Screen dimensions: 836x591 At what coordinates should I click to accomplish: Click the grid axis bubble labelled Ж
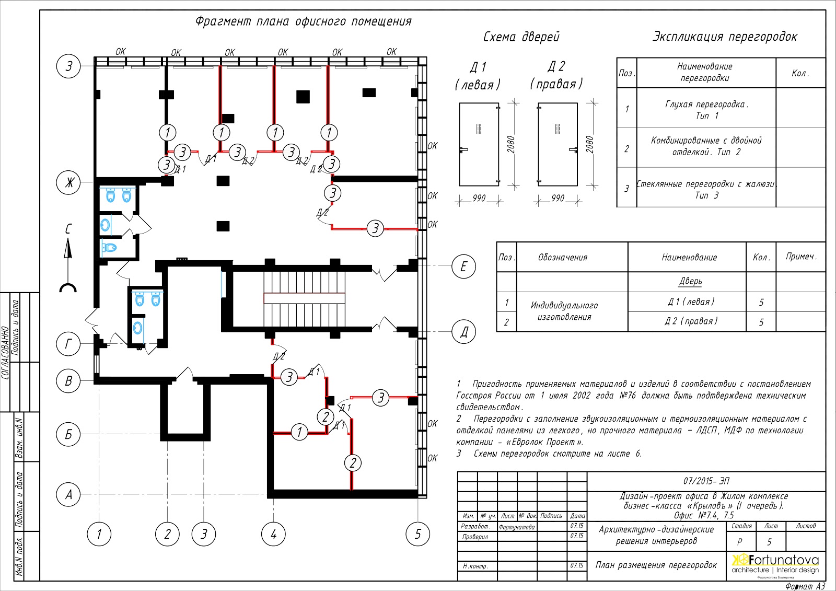click(x=68, y=182)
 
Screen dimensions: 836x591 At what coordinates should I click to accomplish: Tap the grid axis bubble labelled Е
click(x=463, y=266)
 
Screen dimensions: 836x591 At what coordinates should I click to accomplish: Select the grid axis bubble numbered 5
click(x=417, y=534)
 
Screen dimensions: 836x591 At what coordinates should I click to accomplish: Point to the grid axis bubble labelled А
click(x=68, y=494)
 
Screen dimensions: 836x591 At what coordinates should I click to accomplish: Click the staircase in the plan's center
click(x=304, y=298)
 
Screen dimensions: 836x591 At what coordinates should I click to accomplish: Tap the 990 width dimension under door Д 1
click(x=479, y=198)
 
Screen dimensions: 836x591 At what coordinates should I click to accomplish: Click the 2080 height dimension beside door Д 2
click(x=589, y=144)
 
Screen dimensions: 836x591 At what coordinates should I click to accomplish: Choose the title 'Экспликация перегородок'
click(x=725, y=37)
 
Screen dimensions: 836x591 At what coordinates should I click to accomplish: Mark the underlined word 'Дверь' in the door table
click(x=690, y=282)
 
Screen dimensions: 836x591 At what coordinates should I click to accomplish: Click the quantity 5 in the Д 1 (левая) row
click(x=761, y=302)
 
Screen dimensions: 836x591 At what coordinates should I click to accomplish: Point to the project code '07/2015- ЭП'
click(x=706, y=481)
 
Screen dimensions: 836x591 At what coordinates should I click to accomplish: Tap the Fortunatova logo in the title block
click(x=775, y=565)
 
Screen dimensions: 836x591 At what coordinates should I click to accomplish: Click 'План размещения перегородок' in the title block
click(x=656, y=565)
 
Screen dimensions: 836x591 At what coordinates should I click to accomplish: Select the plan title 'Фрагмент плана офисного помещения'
click(x=304, y=21)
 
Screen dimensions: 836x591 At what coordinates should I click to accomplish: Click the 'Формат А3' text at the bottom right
click(x=805, y=586)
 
